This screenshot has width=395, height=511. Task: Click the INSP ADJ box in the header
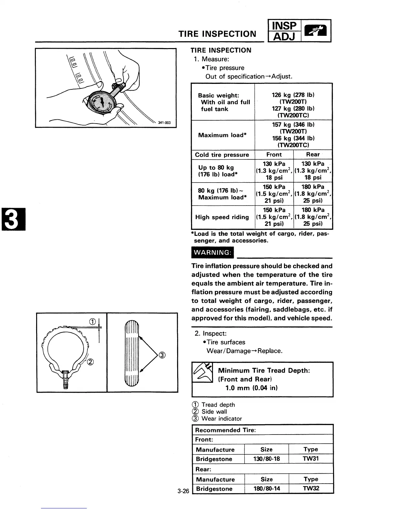tap(284, 31)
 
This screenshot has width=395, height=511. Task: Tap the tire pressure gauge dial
tap(100, 103)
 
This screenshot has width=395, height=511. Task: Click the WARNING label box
tap(212, 253)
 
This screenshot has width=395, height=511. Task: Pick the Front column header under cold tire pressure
tap(274, 155)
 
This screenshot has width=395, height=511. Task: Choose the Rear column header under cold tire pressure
tap(313, 155)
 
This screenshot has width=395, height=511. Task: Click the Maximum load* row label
tap(222, 135)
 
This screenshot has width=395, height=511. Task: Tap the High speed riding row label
tap(222, 217)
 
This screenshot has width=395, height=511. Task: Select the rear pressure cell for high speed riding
tap(313, 217)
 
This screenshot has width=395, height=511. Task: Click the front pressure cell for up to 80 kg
tap(274, 171)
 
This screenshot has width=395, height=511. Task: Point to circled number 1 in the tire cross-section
tap(92, 321)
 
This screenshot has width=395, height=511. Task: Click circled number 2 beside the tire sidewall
tap(90, 362)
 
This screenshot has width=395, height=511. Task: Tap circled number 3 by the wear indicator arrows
tap(162, 356)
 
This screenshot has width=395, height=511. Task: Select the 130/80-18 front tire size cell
tap(267, 459)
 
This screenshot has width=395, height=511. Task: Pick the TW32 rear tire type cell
tap(311, 488)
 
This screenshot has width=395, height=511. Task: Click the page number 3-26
tap(183, 491)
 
